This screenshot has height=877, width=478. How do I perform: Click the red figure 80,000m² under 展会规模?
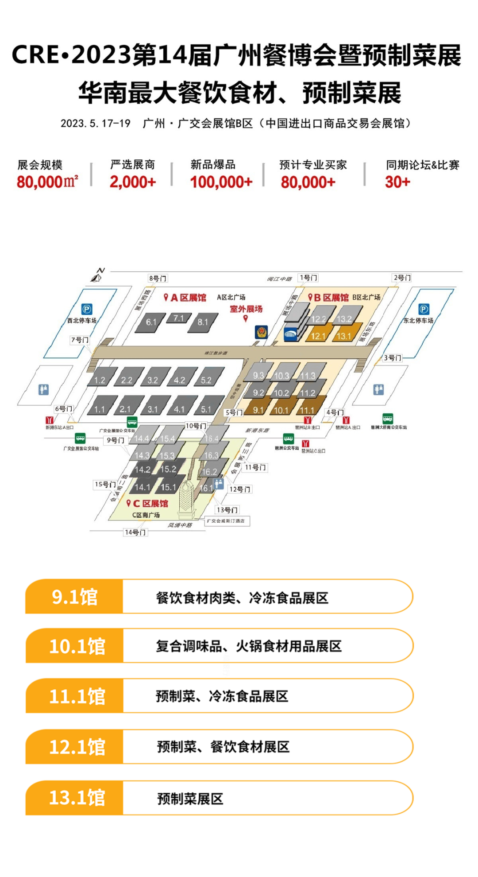click(47, 182)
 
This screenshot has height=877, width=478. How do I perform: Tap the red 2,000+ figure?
click(133, 182)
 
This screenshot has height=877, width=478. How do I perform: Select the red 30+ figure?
click(397, 182)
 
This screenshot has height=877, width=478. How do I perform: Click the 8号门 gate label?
click(158, 278)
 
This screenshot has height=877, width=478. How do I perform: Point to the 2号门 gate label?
click(402, 278)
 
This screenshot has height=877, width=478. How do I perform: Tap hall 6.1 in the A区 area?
click(152, 322)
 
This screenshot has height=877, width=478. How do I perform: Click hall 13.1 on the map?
click(344, 336)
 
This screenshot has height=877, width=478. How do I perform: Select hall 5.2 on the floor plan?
click(206, 380)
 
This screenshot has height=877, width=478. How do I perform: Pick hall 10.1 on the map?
click(281, 410)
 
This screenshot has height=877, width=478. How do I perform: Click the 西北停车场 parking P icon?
click(87, 309)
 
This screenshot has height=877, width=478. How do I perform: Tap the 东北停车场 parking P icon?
click(424, 309)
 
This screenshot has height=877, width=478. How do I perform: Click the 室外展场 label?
click(246, 309)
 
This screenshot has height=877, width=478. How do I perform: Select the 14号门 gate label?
click(135, 532)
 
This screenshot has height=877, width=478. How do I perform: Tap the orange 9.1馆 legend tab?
click(74, 597)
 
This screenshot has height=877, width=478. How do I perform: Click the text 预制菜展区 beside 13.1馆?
click(190, 799)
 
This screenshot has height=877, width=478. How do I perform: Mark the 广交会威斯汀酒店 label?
click(227, 521)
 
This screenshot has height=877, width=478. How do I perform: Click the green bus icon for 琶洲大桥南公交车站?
click(388, 418)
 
